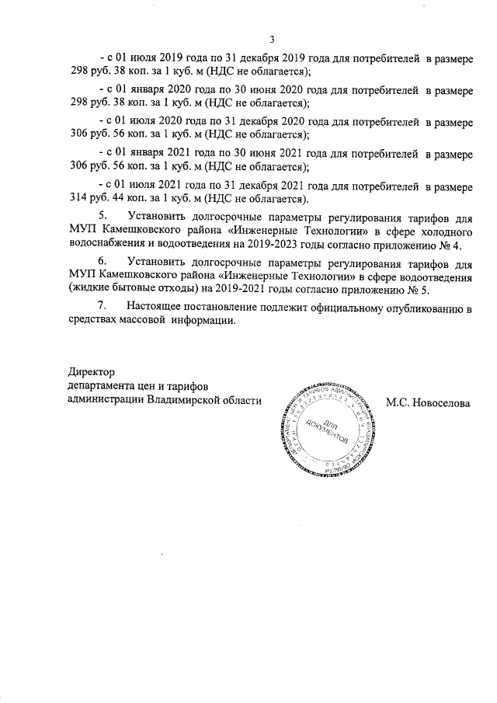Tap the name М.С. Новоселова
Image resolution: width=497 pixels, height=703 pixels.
[428, 402]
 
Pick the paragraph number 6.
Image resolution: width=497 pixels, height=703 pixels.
[100, 261]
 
